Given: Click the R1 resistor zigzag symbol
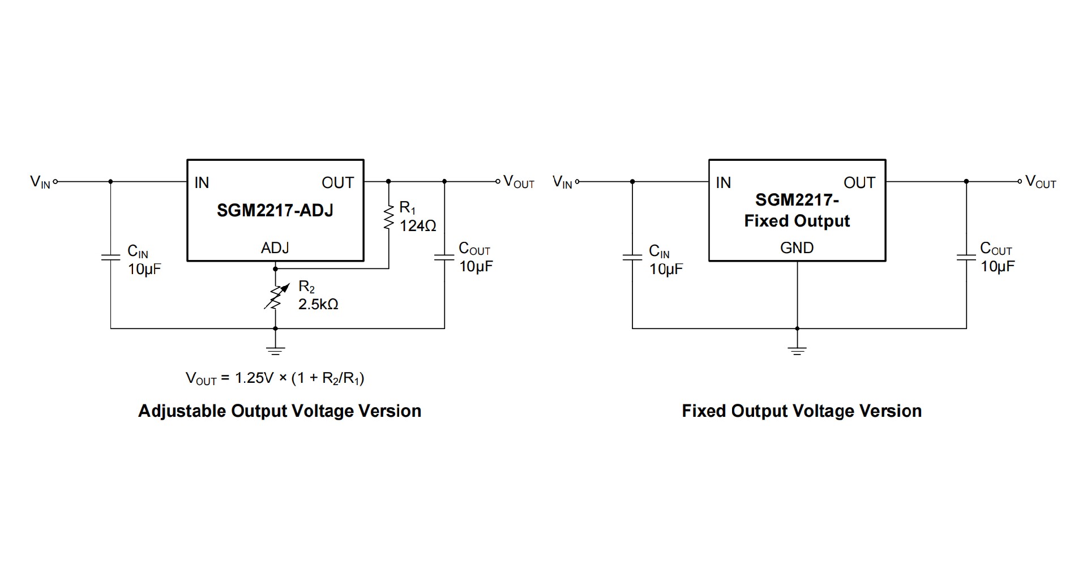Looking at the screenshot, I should pos(388,217).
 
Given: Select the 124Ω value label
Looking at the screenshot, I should pos(418,226).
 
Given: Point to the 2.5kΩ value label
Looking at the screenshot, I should pos(318,304).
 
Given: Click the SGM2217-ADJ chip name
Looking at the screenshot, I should pos(275,211).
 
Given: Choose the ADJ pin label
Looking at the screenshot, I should pos(275,247).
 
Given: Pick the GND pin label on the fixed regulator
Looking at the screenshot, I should pos(797,247).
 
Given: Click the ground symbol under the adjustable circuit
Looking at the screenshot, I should pos(276,350).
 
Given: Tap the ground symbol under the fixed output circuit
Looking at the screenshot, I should pos(797,350).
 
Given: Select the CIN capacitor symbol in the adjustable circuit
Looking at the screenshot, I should pos(110,258).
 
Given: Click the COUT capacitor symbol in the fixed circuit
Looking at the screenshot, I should pos(966,258).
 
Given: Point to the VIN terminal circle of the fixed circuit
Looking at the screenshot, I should pos(577,182).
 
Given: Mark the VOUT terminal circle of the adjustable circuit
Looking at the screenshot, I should pos(498,182).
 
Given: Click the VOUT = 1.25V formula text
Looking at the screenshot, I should pos(275,378).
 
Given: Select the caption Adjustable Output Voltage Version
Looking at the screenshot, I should pos(280,411).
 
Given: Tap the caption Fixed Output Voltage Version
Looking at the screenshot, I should pos(802,411).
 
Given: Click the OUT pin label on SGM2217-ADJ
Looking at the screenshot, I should pos(337,182).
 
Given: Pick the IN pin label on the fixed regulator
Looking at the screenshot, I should pos(724,182).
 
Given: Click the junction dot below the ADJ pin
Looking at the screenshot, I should pos(276,269).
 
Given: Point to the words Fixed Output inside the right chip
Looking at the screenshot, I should pos(797,221).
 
